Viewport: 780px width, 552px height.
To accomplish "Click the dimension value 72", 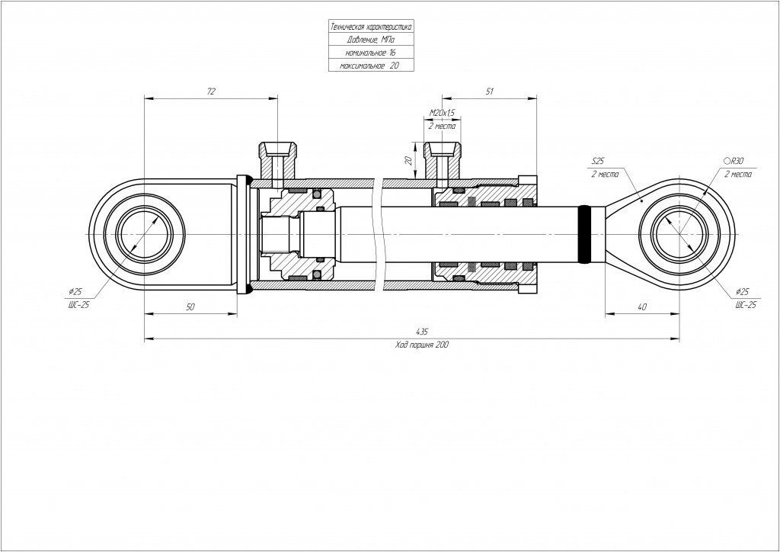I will [211, 91].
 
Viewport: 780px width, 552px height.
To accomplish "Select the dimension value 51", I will [490, 91].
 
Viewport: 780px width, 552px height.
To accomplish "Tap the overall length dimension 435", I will [421, 332].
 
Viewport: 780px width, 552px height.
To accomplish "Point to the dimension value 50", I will [190, 306].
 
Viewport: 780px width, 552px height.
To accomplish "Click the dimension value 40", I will [642, 306].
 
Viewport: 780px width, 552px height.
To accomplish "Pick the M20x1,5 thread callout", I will [442, 113].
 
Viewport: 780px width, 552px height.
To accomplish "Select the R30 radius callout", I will [736, 162].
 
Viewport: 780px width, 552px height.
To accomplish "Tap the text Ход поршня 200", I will [421, 345].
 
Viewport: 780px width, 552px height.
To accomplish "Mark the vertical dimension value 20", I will [408, 161].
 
